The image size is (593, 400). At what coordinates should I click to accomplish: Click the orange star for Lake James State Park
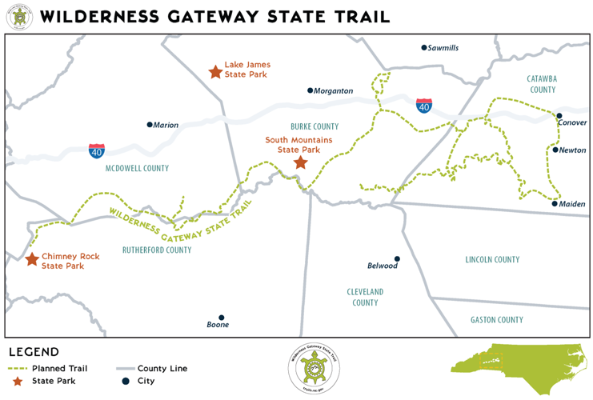214,72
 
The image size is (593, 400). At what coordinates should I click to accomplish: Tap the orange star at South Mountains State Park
300,163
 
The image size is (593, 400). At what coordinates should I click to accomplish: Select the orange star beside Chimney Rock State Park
32,259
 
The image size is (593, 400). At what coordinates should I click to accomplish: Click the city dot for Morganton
311,90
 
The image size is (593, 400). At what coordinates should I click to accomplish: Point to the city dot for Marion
150,125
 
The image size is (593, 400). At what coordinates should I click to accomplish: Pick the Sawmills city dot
424,48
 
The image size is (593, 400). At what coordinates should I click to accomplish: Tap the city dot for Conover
559,116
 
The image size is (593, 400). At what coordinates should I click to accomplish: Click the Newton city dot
555,150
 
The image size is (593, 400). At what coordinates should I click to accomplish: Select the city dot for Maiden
555,203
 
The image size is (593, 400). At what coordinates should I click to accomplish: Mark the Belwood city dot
397,259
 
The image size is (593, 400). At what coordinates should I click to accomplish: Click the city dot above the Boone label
222,317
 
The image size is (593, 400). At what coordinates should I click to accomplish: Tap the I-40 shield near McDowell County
97,150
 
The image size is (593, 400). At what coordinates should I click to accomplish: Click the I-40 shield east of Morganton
424,106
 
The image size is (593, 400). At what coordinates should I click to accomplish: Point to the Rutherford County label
157,250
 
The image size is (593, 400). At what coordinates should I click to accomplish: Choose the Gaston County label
496,320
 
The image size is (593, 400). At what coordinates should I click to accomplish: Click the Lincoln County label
492,259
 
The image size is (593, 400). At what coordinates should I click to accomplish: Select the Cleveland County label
365,297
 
